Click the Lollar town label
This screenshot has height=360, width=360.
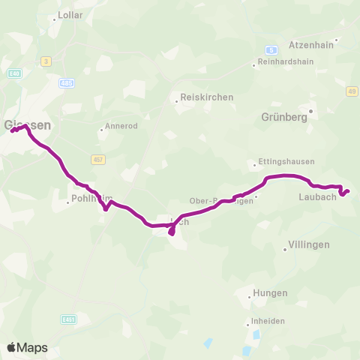70,15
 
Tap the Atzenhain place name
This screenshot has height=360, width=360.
310,44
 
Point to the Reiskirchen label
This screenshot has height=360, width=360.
206,97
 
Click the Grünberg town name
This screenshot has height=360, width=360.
286,117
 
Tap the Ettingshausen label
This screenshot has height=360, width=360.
286,161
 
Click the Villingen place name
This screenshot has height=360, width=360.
308,244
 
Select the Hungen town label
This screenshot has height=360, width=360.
270,293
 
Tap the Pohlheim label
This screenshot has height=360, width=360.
91,199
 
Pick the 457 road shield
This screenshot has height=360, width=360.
98,159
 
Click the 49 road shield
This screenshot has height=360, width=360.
352,91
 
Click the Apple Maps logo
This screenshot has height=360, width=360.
27,347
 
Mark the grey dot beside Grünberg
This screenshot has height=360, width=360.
310,111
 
